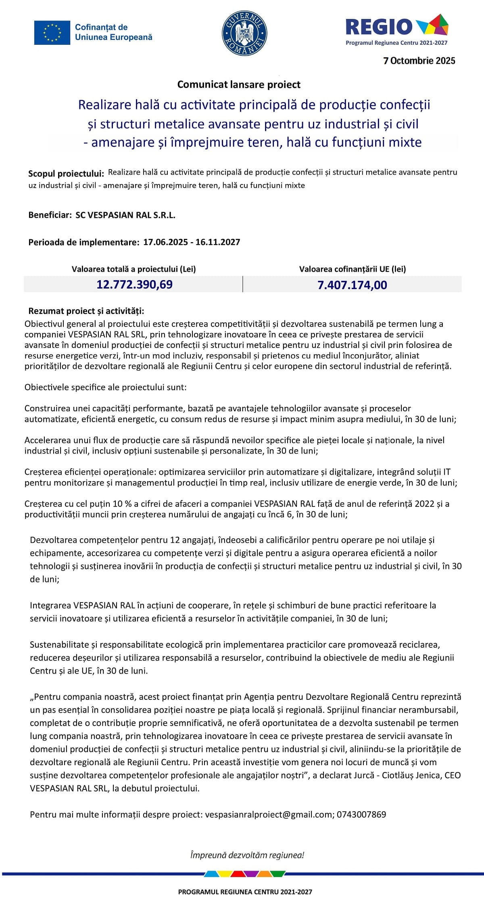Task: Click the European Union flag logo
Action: [52, 32]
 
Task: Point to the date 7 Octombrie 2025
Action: [419, 61]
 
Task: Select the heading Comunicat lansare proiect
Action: [239, 85]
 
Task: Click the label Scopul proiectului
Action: [66, 174]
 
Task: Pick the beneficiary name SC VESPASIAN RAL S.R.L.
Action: [125, 215]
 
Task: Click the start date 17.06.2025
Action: [165, 242]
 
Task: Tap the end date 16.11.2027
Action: [218, 242]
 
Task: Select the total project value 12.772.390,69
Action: [134, 285]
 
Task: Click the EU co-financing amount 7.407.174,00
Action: [352, 285]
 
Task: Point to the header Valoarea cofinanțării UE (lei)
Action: [352, 269]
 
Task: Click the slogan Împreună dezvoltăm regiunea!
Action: [247, 855]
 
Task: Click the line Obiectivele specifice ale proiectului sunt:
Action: [106, 387]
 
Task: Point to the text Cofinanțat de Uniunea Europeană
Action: [114, 32]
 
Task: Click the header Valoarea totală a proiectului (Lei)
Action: [134, 269]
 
